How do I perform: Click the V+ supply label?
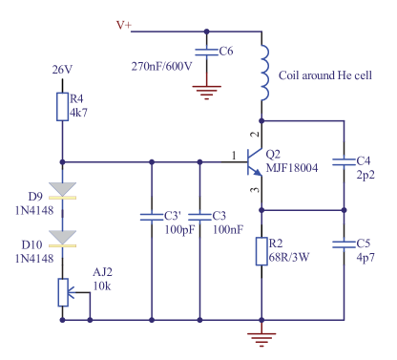[x=124, y=25]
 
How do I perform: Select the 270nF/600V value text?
[x=161, y=66]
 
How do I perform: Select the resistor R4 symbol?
[x=62, y=105]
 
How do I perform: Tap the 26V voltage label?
[x=62, y=70]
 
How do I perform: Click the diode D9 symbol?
[x=62, y=190]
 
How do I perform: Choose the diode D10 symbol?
[x=62, y=238]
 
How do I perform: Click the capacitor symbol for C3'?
[x=152, y=216]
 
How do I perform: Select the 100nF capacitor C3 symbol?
[x=199, y=216]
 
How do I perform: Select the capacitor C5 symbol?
[x=343, y=244]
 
